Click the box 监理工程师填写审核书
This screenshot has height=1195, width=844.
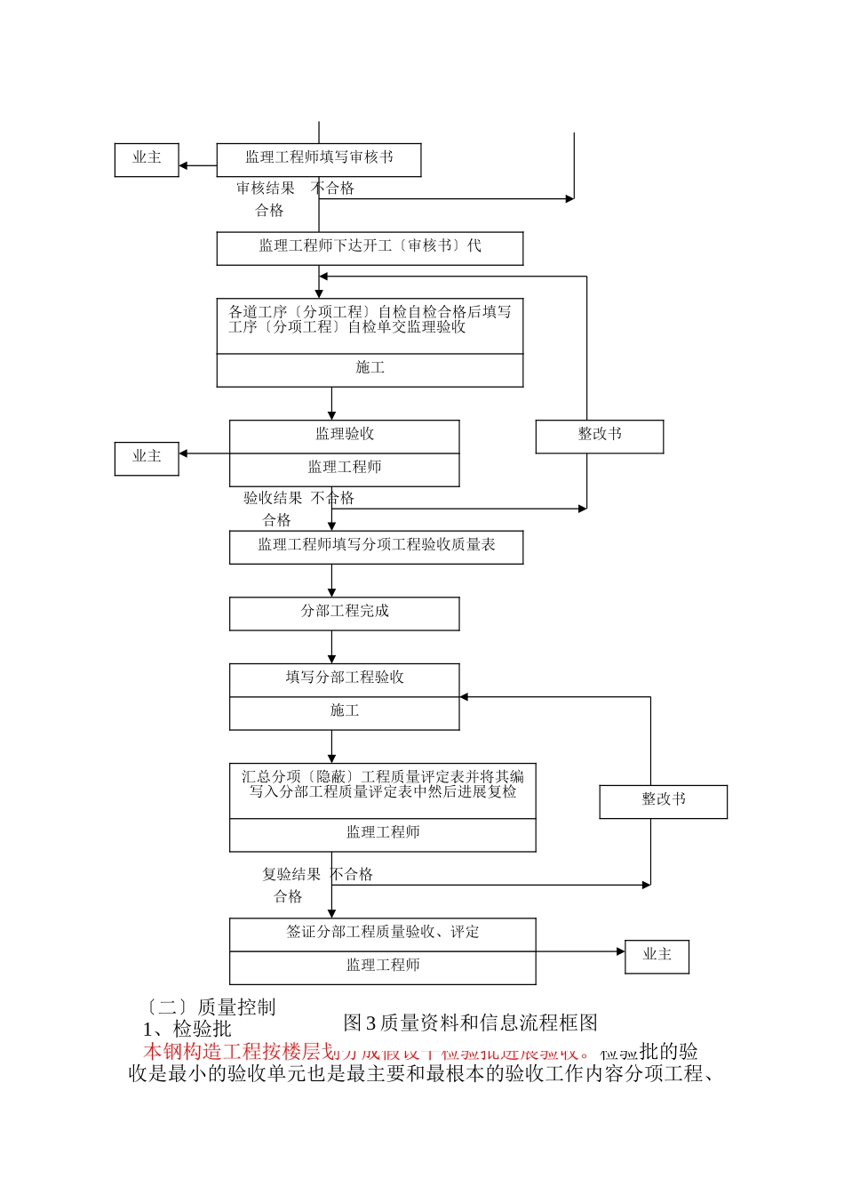click(319, 159)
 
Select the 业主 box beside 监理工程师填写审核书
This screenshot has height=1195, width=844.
click(147, 159)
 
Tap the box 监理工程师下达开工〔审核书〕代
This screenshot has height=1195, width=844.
click(370, 248)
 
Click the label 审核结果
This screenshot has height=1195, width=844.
click(265, 188)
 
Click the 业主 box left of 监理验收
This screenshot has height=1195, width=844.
click(147, 458)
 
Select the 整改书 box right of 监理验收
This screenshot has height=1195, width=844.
click(600, 436)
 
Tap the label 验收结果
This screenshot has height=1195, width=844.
click(273, 499)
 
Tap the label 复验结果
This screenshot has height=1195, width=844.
click(291, 875)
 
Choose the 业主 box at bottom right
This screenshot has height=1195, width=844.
click(657, 956)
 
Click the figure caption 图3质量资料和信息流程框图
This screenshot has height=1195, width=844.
click(470, 1023)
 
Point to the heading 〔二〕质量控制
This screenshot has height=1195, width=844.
click(210, 1007)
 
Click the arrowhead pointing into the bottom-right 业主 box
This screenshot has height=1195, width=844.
click(620, 951)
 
